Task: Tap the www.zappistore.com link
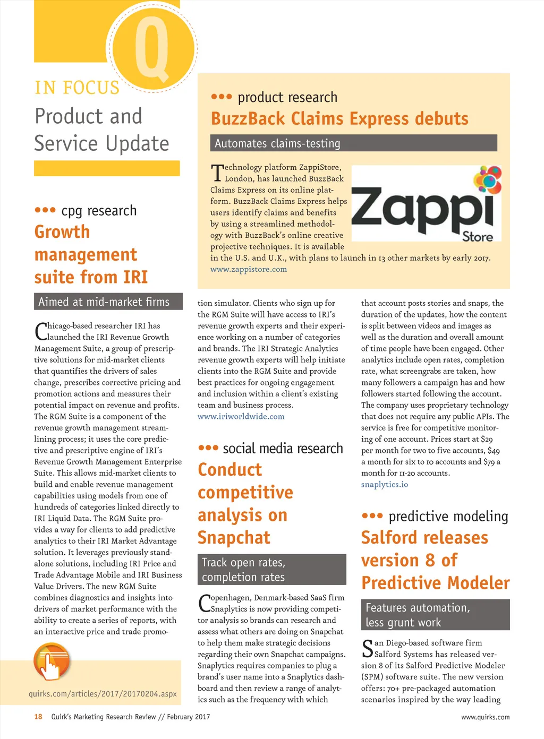tap(249, 269)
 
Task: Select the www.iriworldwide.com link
tap(241, 416)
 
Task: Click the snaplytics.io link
tap(385, 484)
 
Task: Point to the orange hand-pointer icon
tap(52, 661)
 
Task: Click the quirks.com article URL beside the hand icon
tap(103, 693)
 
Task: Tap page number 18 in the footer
tap(38, 717)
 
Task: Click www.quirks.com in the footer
tap(485, 717)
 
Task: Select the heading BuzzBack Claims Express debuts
tap(339, 118)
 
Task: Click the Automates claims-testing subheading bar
tap(353, 143)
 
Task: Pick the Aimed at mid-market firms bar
tap(108, 302)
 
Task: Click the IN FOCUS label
tap(77, 88)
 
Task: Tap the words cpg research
tap(99, 211)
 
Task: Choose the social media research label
tap(283, 449)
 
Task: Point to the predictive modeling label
tap(448, 517)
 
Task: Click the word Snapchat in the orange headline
tap(234, 538)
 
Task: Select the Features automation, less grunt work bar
tap(435, 615)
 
